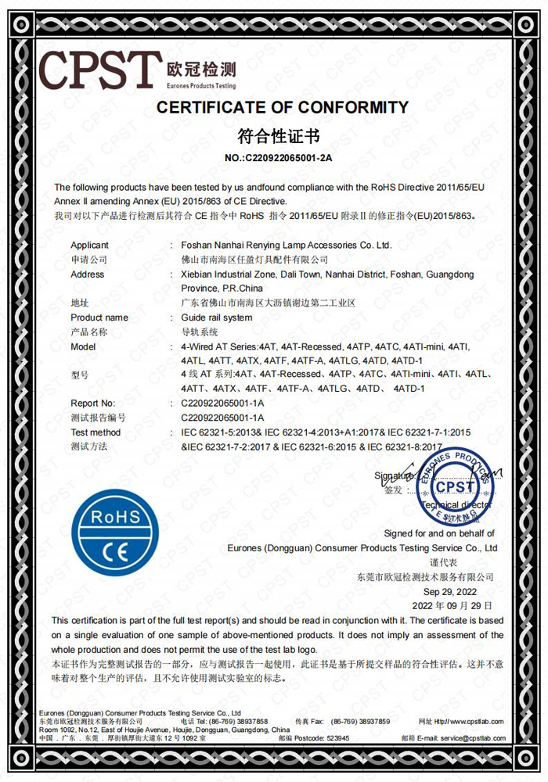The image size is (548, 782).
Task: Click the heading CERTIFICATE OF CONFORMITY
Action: point(283,108)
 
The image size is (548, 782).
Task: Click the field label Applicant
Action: point(90,246)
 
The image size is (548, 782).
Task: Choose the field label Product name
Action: point(99,317)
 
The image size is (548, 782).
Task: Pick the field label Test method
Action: point(96,432)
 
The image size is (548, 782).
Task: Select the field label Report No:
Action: point(93,404)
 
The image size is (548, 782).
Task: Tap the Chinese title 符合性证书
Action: point(278,138)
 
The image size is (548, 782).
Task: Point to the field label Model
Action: point(84,346)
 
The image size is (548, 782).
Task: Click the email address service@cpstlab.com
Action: point(472,738)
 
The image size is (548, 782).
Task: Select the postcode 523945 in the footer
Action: point(338,738)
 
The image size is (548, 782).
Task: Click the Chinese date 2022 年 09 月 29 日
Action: point(452,605)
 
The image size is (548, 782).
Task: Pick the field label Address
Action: point(87,274)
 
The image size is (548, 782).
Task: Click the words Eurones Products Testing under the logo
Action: point(201,85)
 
